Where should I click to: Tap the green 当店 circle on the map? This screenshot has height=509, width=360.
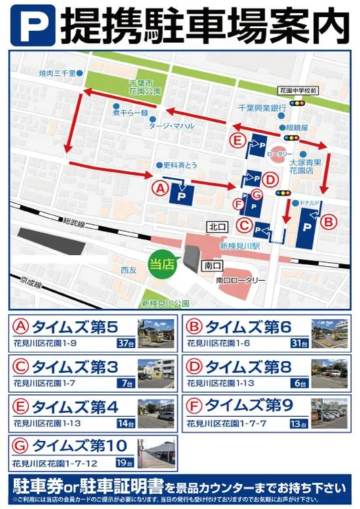pos(161,261)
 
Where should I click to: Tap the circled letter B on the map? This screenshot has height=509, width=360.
pos(330,222)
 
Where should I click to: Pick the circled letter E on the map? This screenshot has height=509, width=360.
pos(237,141)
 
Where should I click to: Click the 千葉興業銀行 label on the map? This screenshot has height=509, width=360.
pos(262,108)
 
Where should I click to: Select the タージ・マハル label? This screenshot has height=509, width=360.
pos(172,127)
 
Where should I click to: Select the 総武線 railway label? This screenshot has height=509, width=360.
pos(72,223)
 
